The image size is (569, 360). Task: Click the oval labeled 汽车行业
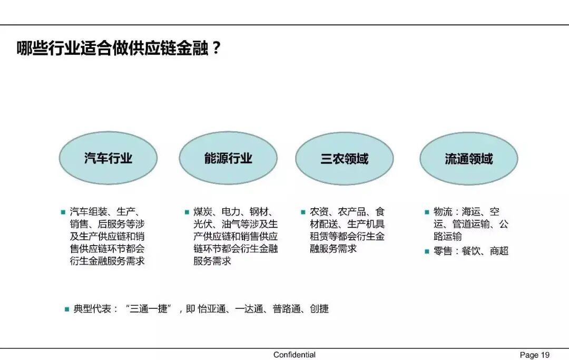(108, 158)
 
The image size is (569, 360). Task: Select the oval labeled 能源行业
(228, 158)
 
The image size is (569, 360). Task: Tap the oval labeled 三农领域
(344, 158)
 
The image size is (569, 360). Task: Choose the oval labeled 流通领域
(468, 158)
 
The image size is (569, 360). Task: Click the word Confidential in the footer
(295, 355)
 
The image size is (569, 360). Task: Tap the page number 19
(545, 355)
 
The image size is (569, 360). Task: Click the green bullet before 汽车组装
(63, 212)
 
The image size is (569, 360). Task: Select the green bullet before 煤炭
(187, 212)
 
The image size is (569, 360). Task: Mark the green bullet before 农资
(303, 212)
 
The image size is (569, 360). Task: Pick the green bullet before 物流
(427, 212)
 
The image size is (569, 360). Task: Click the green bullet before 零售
(427, 251)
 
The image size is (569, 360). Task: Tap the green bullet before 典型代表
(67, 309)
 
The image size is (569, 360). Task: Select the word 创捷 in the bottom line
(319, 309)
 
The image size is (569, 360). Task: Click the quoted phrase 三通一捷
(150, 309)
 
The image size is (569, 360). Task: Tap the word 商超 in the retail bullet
(499, 251)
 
